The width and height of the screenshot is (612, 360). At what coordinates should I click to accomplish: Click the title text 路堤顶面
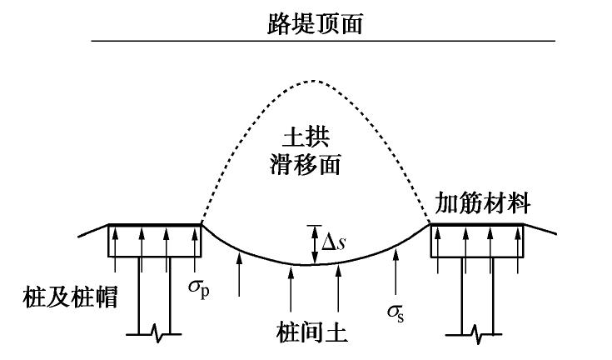coord(306,20)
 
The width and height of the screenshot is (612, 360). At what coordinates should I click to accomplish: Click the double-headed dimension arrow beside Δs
coord(313,244)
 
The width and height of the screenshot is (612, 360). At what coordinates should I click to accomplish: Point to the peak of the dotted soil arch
coord(312,81)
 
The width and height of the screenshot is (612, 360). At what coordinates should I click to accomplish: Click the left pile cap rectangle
coord(155,240)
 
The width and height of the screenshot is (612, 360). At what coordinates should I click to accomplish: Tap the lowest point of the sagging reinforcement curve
coord(313,264)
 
